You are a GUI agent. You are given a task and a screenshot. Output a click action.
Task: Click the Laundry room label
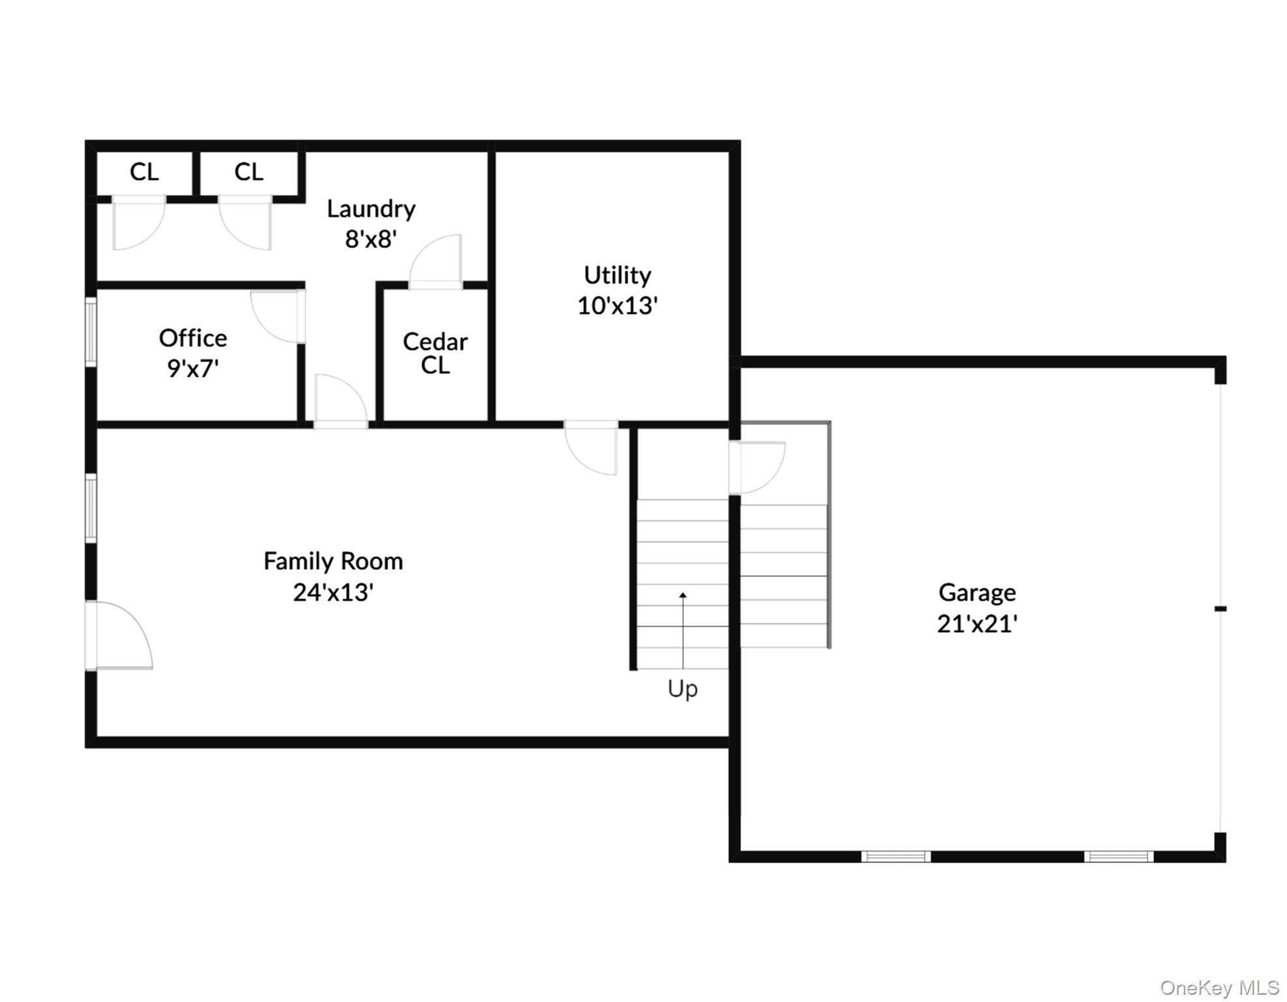point(371,209)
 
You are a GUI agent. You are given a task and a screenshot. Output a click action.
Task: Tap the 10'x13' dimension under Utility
point(617,305)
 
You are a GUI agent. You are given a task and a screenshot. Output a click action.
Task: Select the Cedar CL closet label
point(435,353)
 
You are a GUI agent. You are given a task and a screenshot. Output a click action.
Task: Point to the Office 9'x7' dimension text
point(192,369)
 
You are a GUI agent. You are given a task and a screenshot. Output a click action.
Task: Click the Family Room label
point(333,561)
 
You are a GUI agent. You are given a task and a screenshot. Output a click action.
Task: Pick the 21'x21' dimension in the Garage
point(977,624)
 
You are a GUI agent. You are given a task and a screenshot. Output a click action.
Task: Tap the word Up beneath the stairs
point(682,689)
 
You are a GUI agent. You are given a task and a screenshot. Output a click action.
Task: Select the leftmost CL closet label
point(144,172)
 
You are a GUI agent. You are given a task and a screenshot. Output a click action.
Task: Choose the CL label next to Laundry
point(249,172)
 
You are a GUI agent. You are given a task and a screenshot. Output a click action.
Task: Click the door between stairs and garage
point(757,467)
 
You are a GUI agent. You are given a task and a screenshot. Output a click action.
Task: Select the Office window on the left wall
point(91,331)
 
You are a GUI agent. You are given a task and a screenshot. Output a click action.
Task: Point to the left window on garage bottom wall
point(896,857)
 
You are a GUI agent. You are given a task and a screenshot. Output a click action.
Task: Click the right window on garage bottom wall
point(1119,857)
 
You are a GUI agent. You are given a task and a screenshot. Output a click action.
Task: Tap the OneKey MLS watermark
point(1219,988)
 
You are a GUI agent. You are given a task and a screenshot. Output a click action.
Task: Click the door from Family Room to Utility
point(591,449)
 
